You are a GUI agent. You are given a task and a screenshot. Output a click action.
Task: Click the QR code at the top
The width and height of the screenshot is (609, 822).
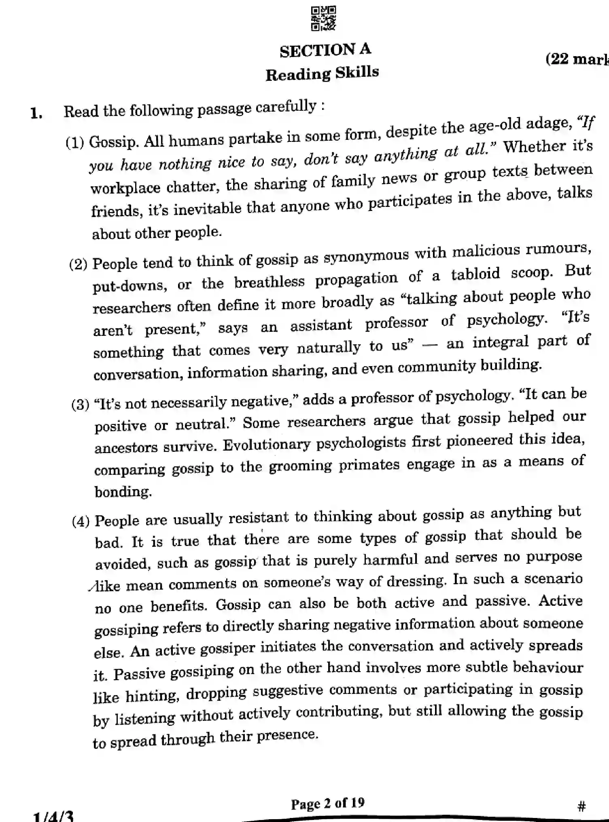(x=323, y=18)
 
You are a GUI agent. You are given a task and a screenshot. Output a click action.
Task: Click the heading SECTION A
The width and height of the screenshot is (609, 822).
(x=325, y=50)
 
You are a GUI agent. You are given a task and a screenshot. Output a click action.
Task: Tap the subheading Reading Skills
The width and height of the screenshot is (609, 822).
(x=322, y=74)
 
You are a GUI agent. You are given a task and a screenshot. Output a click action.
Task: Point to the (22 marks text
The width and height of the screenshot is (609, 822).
(x=577, y=59)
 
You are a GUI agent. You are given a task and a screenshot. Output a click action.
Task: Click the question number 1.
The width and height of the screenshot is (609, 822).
(x=36, y=113)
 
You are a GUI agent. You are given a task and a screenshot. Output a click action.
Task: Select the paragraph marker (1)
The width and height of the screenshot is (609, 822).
(x=75, y=142)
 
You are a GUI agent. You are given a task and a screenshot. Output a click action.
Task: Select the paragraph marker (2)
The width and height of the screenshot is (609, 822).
(x=79, y=264)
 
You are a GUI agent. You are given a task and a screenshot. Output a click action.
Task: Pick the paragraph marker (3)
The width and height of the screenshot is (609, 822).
(x=80, y=404)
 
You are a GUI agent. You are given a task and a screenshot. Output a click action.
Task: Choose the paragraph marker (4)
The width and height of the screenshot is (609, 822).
(x=81, y=521)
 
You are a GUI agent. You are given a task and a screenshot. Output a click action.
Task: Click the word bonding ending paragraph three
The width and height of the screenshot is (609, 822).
(x=123, y=492)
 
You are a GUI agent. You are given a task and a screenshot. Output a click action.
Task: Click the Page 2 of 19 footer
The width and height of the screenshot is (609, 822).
(x=327, y=803)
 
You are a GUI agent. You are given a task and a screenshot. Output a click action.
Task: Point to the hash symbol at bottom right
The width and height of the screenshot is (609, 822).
(x=581, y=806)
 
